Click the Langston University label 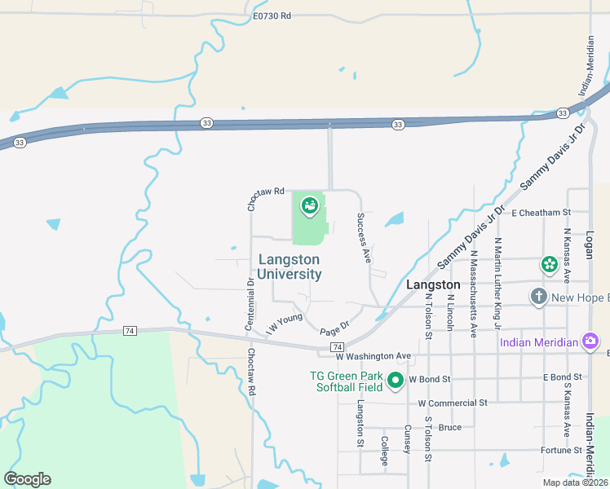coord(289,267)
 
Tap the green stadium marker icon coord(310,206)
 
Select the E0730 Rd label coord(272,15)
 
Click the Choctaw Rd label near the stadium coord(267,192)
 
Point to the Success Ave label coord(363,238)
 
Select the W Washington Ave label coord(374,356)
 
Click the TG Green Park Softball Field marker coord(396,380)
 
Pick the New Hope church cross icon coord(538,297)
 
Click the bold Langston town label coord(433,285)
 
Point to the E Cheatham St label coord(541,212)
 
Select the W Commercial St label coord(452,403)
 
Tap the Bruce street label coord(449,427)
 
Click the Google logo coord(27,479)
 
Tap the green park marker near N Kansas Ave coord(549,264)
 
